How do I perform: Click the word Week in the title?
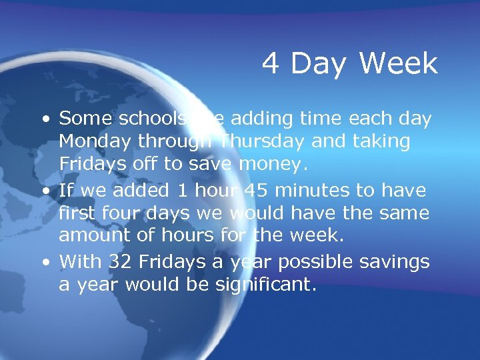398,64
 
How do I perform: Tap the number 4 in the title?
271,64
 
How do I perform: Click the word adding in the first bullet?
267,119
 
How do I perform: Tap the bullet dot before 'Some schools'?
44,120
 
